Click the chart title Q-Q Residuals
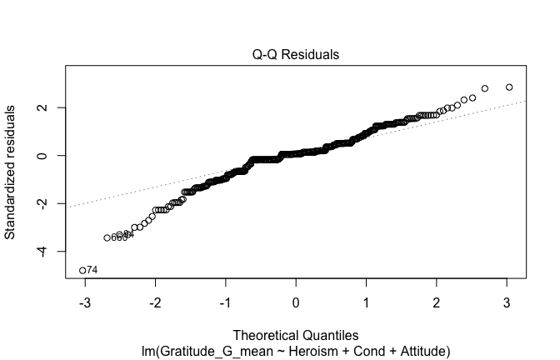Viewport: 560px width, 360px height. pyautogui.click(x=296, y=55)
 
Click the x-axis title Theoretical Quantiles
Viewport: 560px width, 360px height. pyautogui.click(x=296, y=337)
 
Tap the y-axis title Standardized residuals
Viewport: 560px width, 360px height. pyautogui.click(x=11, y=172)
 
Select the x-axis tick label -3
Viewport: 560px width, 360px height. pyautogui.click(x=82, y=302)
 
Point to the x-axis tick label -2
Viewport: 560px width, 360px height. pyautogui.click(x=153, y=302)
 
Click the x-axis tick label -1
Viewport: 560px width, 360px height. pyautogui.click(x=224, y=302)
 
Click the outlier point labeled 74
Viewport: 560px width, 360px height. pyautogui.click(x=82, y=270)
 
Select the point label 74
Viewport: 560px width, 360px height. pyautogui.click(x=92, y=270)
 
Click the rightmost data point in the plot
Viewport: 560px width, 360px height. pyautogui.click(x=509, y=87)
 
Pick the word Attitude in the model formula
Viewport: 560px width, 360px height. pyautogui.click(x=422, y=351)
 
